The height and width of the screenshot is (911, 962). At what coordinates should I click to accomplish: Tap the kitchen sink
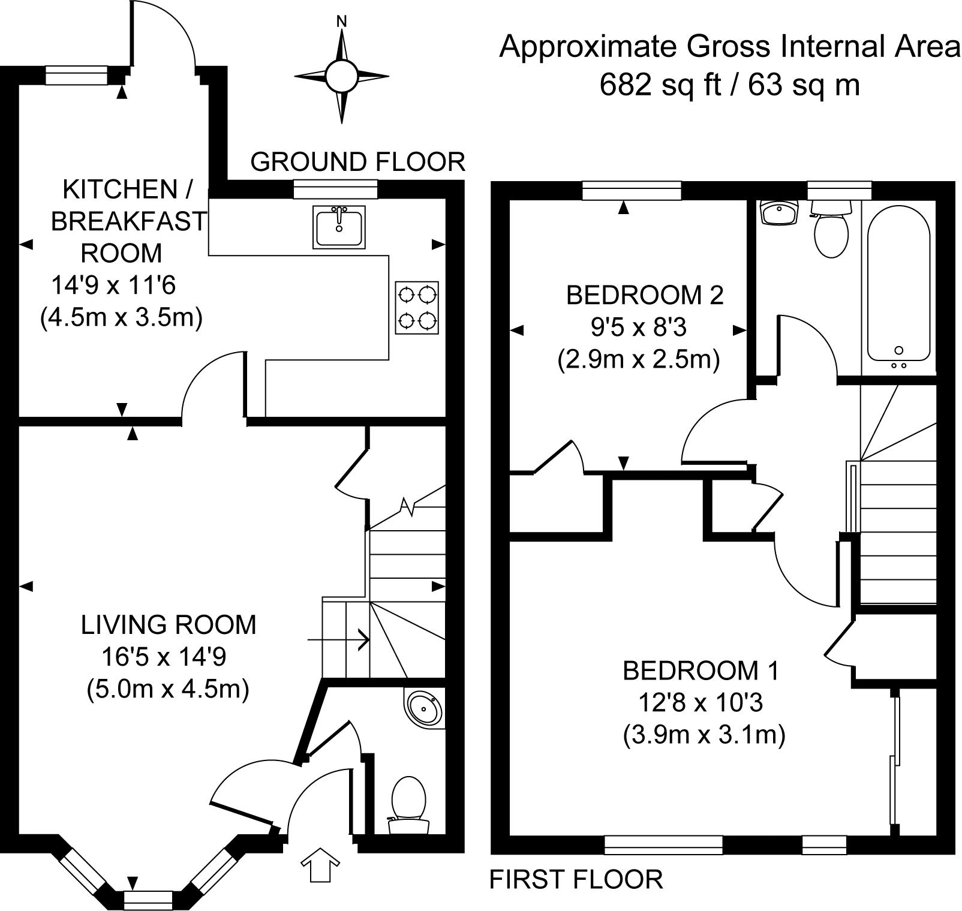coord(339,227)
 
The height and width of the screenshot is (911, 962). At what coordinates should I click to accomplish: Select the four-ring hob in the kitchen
coord(417,308)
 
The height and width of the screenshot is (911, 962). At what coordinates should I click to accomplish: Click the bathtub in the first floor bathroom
coord(898,285)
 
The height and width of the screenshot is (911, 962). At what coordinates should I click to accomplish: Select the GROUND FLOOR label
coord(357,162)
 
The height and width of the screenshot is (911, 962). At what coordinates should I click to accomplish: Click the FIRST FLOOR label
coord(576,879)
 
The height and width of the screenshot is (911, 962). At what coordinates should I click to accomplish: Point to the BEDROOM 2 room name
coord(645,295)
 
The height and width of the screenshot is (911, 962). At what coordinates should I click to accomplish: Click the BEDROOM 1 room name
coord(701,670)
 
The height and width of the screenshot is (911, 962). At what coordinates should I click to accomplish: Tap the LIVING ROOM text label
coord(169,625)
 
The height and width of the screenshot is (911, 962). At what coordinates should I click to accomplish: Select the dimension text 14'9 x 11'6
coord(113,285)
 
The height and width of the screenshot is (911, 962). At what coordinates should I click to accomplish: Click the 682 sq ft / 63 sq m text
coord(730,85)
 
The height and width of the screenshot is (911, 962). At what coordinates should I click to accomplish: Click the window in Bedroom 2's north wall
coord(632,191)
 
